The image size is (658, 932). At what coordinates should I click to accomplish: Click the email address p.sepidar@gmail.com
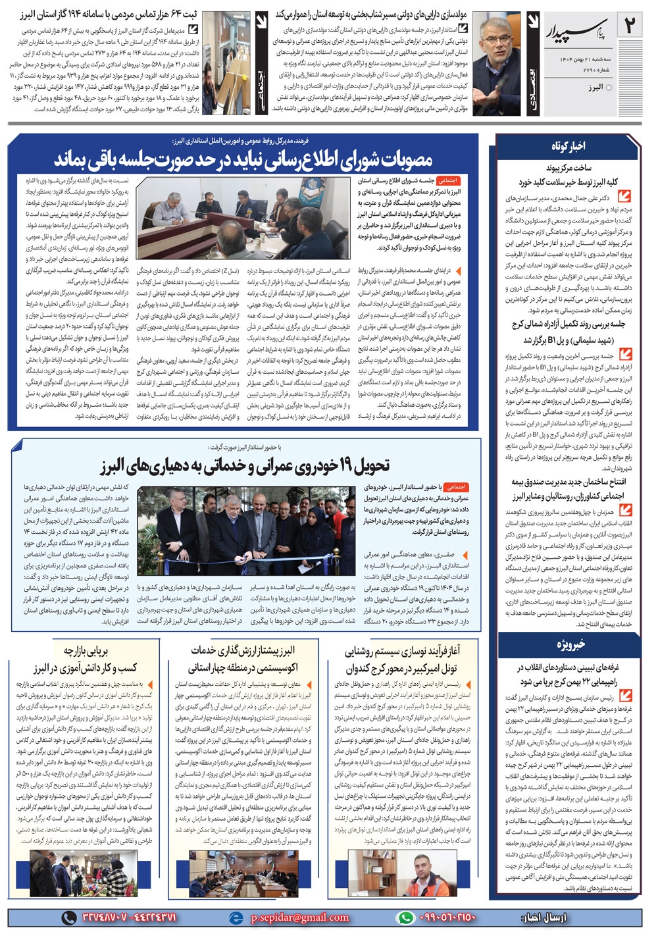click(x=299, y=917)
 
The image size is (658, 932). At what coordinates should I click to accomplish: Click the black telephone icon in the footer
click(x=68, y=917)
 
